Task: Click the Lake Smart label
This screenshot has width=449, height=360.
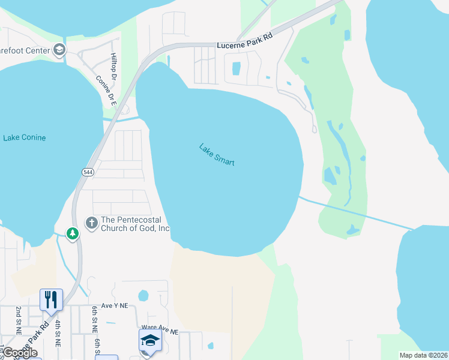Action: [217, 155]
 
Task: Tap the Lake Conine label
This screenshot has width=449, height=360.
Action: [24, 138]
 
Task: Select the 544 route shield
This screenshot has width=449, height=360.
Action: [87, 172]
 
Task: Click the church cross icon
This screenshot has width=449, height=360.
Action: [91, 223]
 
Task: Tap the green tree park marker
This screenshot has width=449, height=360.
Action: [72, 233]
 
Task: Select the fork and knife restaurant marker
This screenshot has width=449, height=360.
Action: [51, 299]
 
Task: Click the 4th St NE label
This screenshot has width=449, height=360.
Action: [58, 334]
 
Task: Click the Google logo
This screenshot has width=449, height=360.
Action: [20, 353]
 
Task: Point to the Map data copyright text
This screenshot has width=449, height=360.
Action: [423, 355]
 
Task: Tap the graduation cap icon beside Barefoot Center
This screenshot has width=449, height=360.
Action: [59, 50]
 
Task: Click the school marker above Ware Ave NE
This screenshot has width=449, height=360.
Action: [149, 340]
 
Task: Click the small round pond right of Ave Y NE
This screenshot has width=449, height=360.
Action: [143, 295]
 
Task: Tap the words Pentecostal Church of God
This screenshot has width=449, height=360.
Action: [127, 224]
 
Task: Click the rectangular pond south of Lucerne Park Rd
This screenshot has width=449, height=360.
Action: [236, 68]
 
